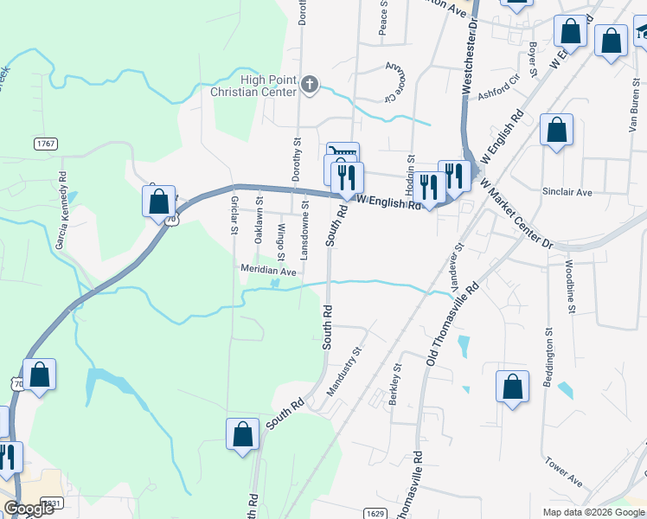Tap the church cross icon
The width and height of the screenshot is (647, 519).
[x=311, y=85]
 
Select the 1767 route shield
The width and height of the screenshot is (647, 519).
[x=46, y=143]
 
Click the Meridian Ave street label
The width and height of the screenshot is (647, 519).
[x=268, y=271]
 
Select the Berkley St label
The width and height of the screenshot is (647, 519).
[x=396, y=377]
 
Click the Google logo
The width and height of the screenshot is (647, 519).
[x=29, y=509]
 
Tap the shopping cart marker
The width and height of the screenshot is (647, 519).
[x=343, y=152]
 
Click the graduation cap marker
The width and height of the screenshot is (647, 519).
[x=641, y=31]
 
